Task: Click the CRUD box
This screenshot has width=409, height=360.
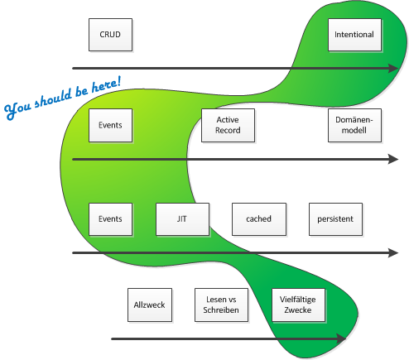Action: pos(110,35)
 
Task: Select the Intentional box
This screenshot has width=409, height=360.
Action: pos(354,35)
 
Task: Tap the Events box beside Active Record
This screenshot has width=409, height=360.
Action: pos(110,125)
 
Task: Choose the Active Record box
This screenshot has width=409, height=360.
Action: pos(228,125)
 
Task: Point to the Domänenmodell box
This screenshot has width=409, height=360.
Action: pos(354,125)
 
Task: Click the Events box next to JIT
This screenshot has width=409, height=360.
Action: pos(110,219)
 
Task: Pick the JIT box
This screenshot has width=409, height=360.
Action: pos(182,219)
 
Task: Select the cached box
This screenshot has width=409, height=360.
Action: pos(259,219)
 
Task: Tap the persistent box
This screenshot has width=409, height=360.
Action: pos(335,219)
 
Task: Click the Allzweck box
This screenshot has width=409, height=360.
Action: pos(150,305)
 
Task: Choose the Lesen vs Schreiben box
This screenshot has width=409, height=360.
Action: pos(221,305)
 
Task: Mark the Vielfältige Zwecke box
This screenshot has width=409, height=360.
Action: pos(298,305)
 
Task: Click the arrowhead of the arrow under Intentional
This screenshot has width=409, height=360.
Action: pos(393,68)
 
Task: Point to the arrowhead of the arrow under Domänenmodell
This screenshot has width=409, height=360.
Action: pos(393,159)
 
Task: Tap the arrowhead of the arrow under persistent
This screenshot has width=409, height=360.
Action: pos(393,252)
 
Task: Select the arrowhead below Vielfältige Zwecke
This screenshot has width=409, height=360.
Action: pos(340,338)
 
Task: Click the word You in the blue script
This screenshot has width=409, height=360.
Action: pos(17,109)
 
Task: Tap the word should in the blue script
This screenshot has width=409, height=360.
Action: pos(53,98)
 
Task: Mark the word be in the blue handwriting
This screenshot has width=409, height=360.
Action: pos(81,91)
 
